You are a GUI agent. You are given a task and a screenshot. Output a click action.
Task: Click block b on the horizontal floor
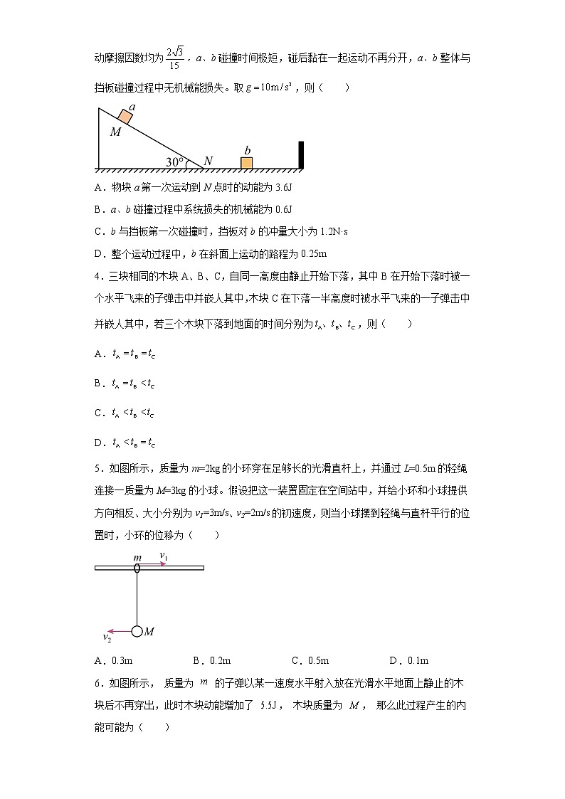(246, 163)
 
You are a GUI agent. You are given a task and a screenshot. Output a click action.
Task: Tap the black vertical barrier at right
(301, 154)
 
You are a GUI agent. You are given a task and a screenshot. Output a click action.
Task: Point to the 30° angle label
(174, 162)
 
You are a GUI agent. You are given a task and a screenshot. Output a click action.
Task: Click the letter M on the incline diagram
(115, 132)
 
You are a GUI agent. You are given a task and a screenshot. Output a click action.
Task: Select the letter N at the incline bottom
(208, 162)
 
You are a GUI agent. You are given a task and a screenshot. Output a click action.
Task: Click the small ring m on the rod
(137, 568)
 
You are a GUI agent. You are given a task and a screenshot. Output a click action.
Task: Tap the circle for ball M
(137, 631)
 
